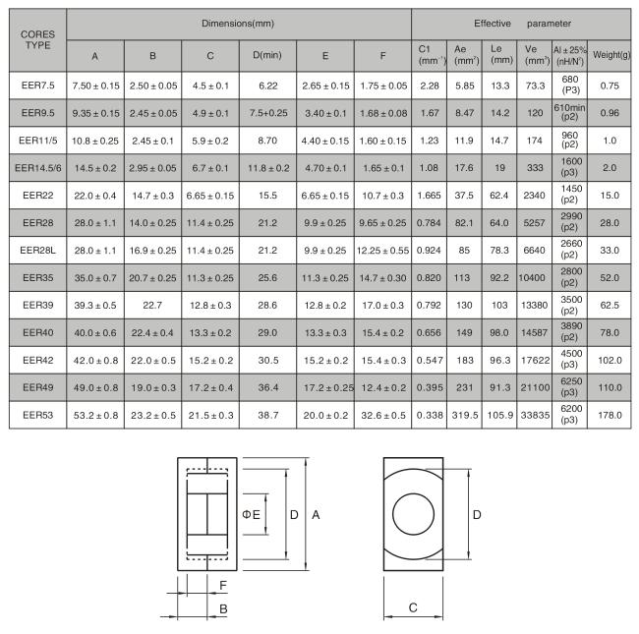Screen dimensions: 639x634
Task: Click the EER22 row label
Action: pos(38,196)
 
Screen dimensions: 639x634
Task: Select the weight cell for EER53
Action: pos(610,415)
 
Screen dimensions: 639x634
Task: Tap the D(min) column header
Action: pos(267,55)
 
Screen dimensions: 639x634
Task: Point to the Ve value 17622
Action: pos(535,360)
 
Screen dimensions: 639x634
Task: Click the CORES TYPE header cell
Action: pos(38,40)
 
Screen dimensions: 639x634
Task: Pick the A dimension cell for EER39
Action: pos(95,305)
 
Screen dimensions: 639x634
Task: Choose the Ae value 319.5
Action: pos(465,415)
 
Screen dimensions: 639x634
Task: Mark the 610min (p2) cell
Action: pos(569,112)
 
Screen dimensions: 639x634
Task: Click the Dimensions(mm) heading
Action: pos(238,24)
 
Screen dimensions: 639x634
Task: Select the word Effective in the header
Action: pos(493,24)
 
